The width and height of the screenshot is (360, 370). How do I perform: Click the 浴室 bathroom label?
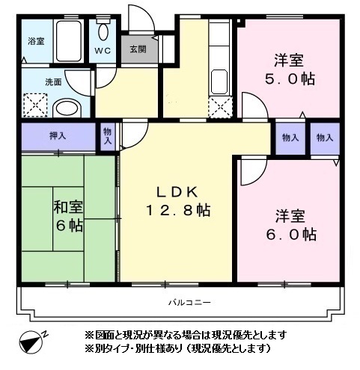coord(35,41)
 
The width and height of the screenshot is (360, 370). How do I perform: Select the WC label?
coord(103,52)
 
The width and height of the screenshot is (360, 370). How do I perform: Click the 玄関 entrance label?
coord(138,51)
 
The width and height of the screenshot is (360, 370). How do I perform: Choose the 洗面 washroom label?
coord(33,82)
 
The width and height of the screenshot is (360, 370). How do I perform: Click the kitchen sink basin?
coord(219,79)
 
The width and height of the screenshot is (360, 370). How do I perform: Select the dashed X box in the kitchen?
coord(220,107)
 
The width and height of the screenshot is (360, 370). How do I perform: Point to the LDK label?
coord(177,191)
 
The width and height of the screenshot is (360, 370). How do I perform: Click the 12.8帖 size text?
coord(177,211)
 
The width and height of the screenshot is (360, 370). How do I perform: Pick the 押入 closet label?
coord(58,137)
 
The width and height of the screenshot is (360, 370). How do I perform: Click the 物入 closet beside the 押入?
coord(108,137)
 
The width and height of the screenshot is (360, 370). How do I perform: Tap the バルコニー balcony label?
coord(186,302)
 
